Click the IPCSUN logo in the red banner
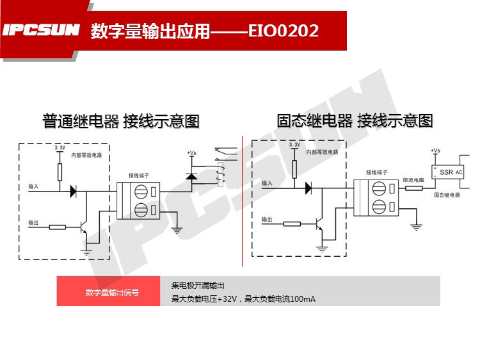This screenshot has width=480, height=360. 41,31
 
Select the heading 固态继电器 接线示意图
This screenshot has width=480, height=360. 354,120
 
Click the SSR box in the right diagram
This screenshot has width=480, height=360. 446,172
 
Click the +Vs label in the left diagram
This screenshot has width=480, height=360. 191,153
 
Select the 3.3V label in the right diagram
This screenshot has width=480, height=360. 294,145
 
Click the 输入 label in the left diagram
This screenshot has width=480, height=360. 34,186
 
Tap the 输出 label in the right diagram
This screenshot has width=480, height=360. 268,220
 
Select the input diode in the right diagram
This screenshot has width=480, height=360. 308,188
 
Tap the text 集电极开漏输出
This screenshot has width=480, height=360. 198,286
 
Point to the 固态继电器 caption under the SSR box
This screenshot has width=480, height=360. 447,195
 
